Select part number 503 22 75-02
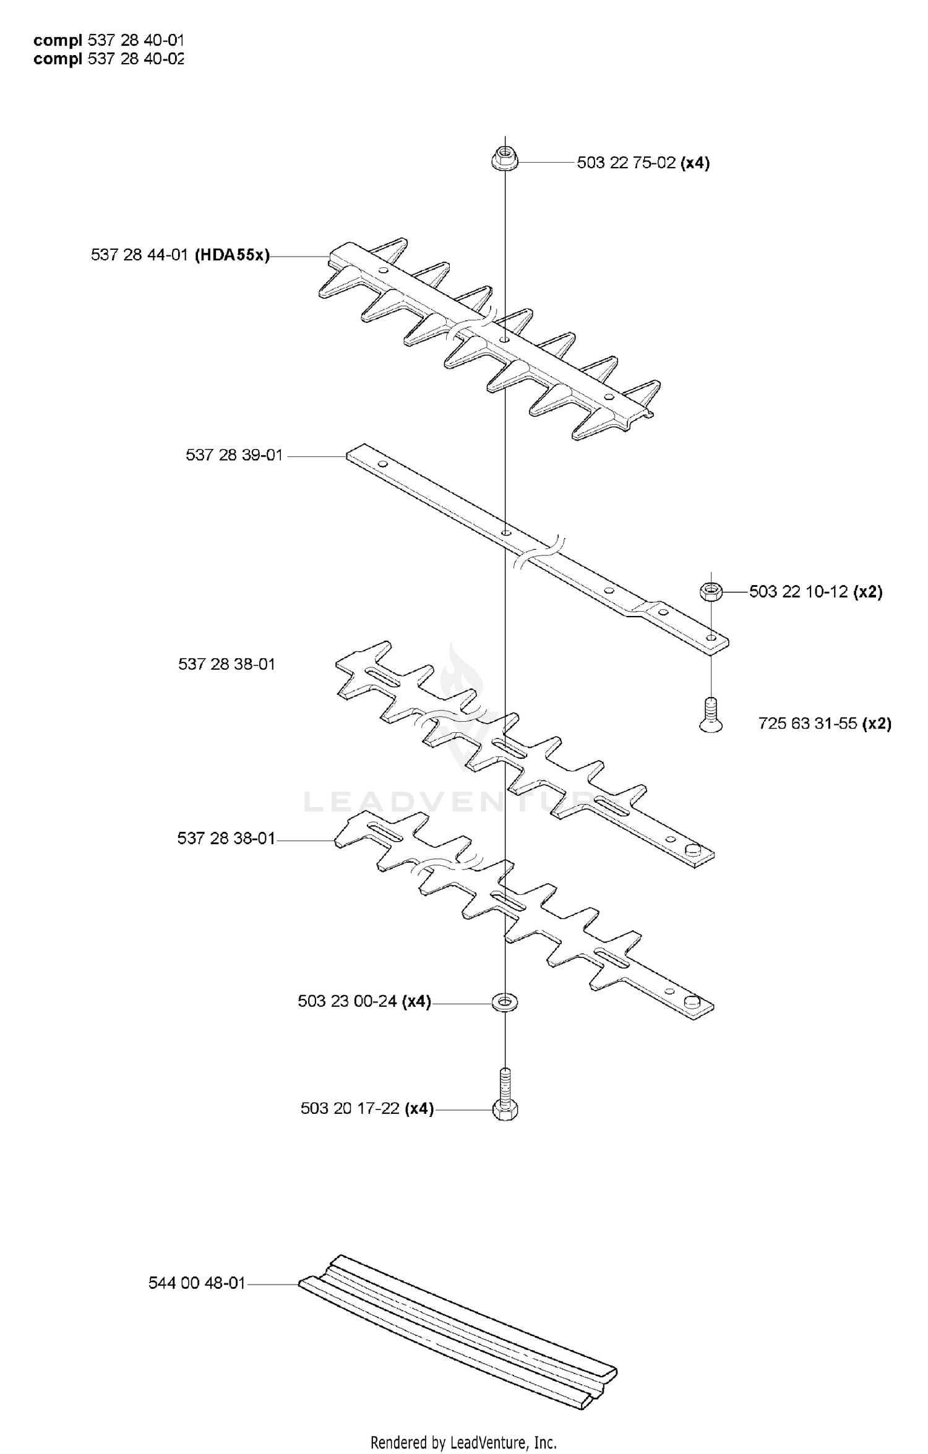(x=626, y=163)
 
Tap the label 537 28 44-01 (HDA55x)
(x=181, y=255)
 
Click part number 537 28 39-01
(x=234, y=455)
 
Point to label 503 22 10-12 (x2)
(x=816, y=592)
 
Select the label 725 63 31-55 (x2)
(x=825, y=723)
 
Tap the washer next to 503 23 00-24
(x=505, y=1001)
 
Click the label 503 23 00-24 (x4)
(x=364, y=1001)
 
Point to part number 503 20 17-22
(x=350, y=1108)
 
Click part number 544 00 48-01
(x=197, y=1283)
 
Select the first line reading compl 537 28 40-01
(x=109, y=40)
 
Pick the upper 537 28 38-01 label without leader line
(x=226, y=664)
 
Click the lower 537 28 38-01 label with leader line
(x=226, y=838)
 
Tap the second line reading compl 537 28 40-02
(x=109, y=59)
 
